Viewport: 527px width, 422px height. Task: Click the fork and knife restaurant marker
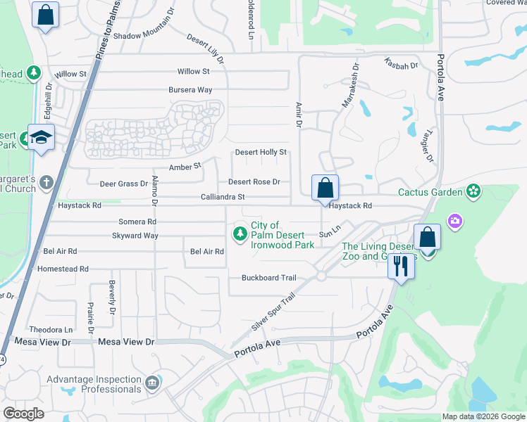[x=401, y=267]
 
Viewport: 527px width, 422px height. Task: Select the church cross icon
[x=46, y=183]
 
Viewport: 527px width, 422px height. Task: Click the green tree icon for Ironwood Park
[x=241, y=233]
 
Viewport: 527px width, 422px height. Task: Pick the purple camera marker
[x=455, y=222]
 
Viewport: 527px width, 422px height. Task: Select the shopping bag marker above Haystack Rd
[x=325, y=188]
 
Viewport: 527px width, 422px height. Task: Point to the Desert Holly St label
[x=261, y=152]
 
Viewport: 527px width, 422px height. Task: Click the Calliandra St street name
[x=223, y=198]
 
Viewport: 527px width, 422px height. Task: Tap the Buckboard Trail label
[x=269, y=278]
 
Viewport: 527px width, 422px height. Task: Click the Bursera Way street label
[x=190, y=90]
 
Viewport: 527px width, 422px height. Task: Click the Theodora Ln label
[x=51, y=329]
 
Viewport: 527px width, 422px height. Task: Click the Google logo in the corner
[x=24, y=414]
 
